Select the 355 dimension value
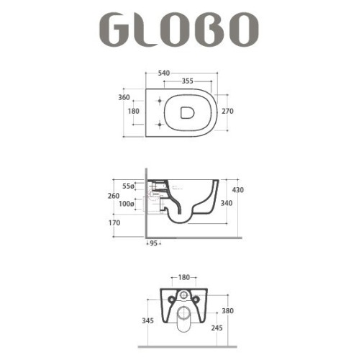(x=191, y=81)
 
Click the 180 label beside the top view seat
(x=134, y=112)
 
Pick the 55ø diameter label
(x=129, y=186)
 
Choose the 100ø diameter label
(x=127, y=204)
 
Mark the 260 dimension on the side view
(x=114, y=195)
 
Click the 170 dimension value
(x=114, y=223)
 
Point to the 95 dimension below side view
(x=153, y=243)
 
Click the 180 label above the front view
(x=185, y=276)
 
